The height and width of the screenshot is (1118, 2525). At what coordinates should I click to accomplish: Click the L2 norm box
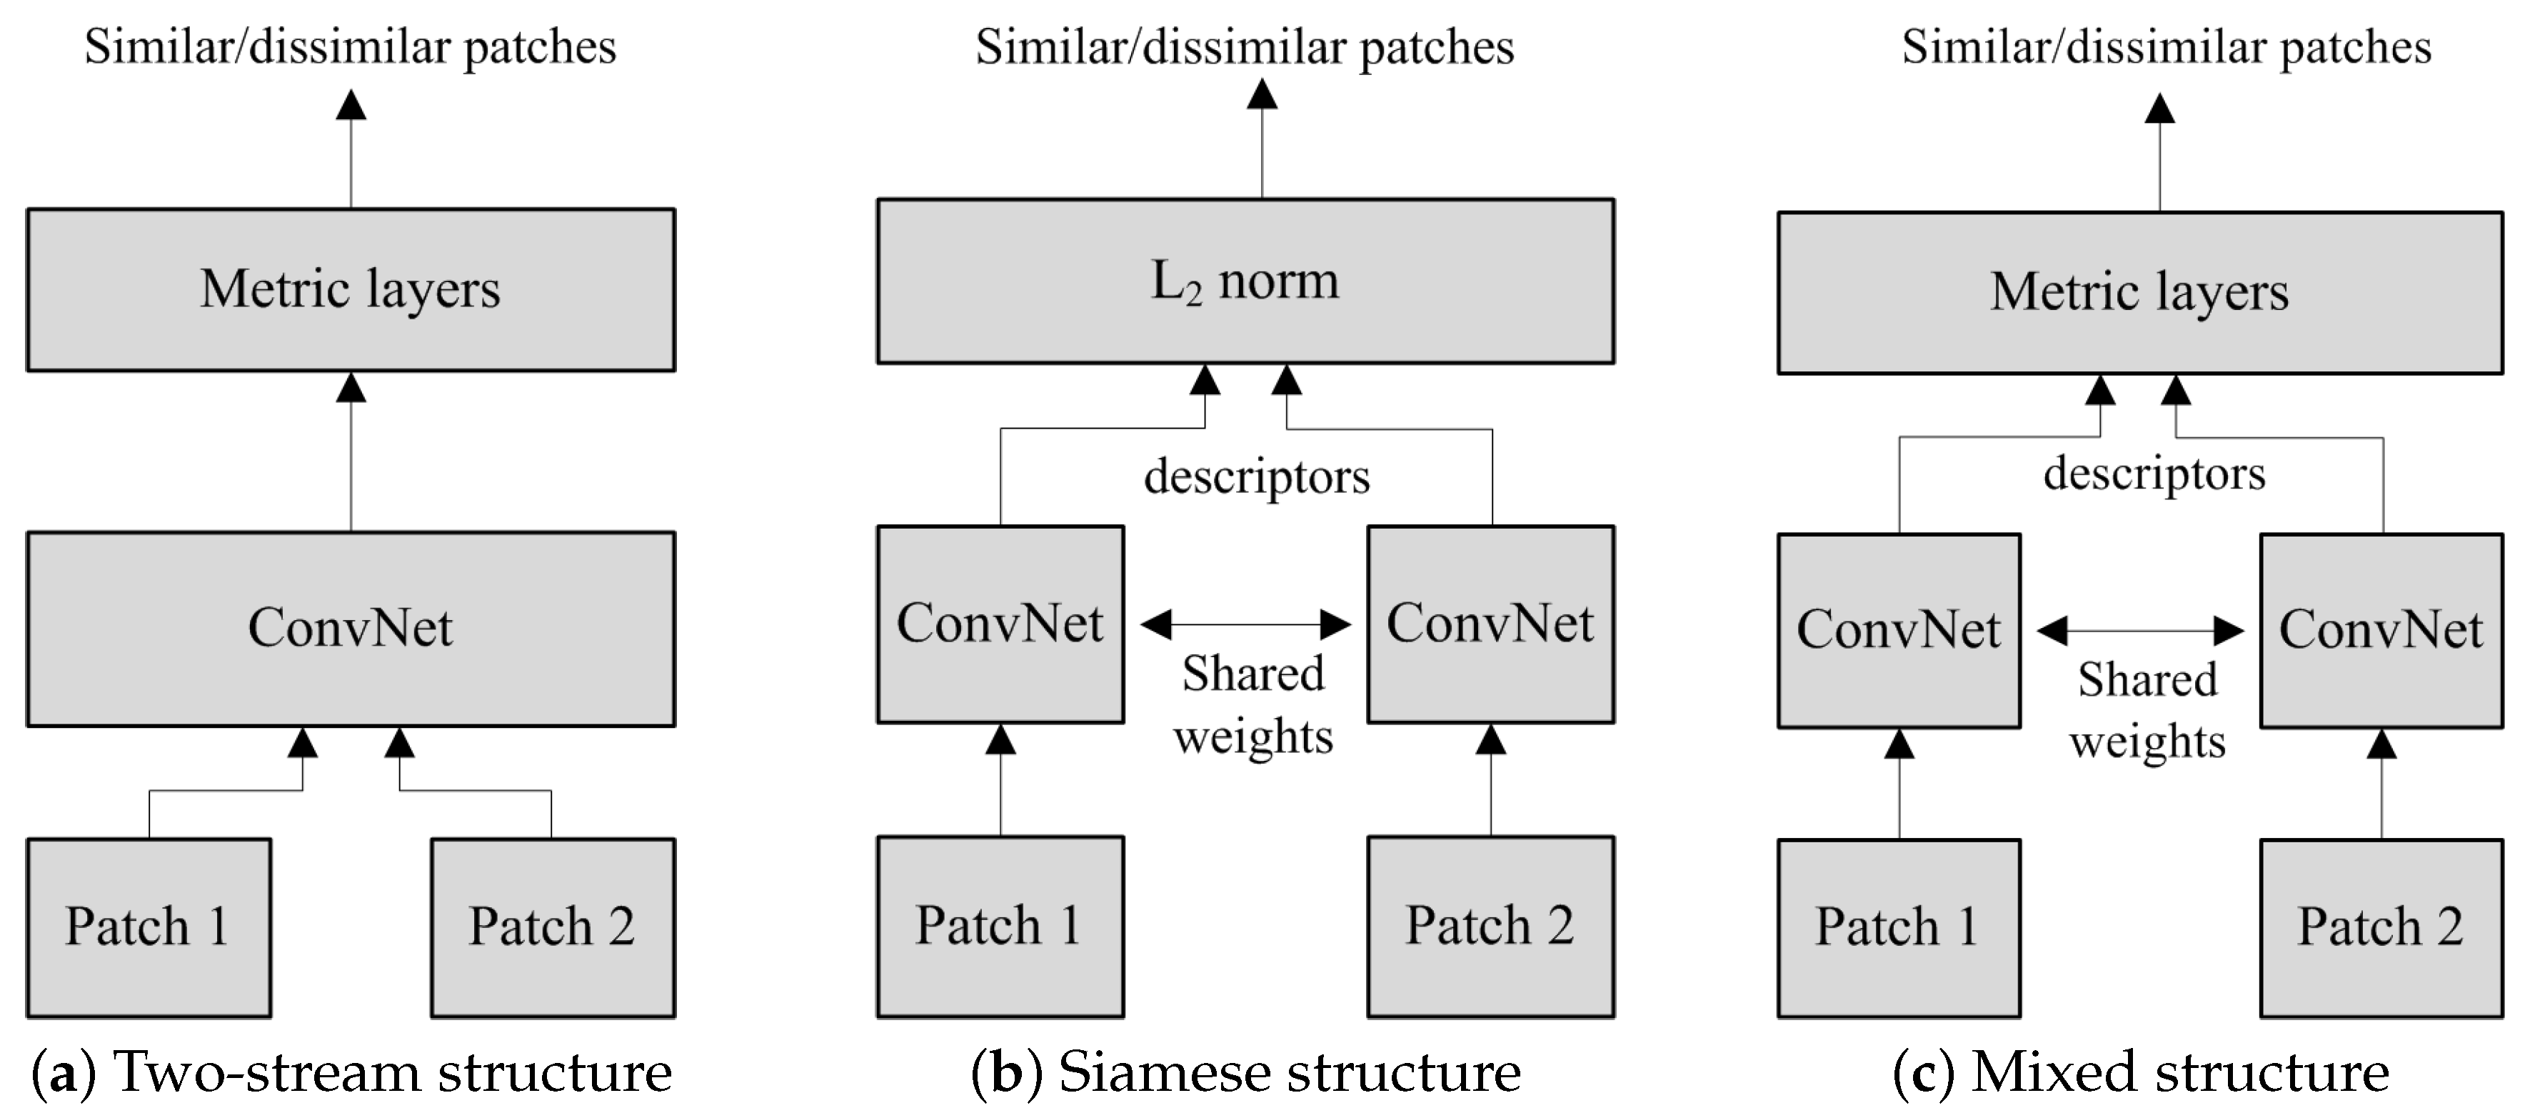click(1245, 281)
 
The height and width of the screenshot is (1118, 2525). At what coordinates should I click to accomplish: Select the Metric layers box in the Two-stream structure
click(350, 289)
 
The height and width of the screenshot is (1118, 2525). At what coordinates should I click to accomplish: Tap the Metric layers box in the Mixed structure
click(2140, 292)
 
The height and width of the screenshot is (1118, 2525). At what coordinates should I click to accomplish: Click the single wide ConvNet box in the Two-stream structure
click(350, 629)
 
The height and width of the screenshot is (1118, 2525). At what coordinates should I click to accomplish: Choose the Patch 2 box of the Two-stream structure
click(553, 927)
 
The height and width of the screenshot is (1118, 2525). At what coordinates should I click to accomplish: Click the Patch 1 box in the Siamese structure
click(1000, 926)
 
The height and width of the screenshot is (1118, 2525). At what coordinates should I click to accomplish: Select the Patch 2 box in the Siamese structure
click(1490, 926)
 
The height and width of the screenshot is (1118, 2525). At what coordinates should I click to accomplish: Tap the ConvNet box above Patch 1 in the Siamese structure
click(1000, 624)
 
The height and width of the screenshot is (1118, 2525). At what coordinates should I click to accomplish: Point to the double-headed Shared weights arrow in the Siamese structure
click(1246, 624)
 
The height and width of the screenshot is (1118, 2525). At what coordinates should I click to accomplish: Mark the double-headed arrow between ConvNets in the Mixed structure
click(2140, 631)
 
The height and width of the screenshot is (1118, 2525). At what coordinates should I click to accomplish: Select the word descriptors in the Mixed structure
click(2154, 474)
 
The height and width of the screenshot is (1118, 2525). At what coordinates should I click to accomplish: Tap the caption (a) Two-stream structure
click(353, 1072)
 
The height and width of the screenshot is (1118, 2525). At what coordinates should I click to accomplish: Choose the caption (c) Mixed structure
click(2141, 1072)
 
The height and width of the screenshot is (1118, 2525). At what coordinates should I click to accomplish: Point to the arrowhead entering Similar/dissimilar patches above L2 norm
click(1262, 94)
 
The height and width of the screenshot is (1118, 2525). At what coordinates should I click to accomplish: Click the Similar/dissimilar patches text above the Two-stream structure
click(350, 47)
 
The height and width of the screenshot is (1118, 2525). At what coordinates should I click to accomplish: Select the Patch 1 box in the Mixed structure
click(1899, 927)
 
